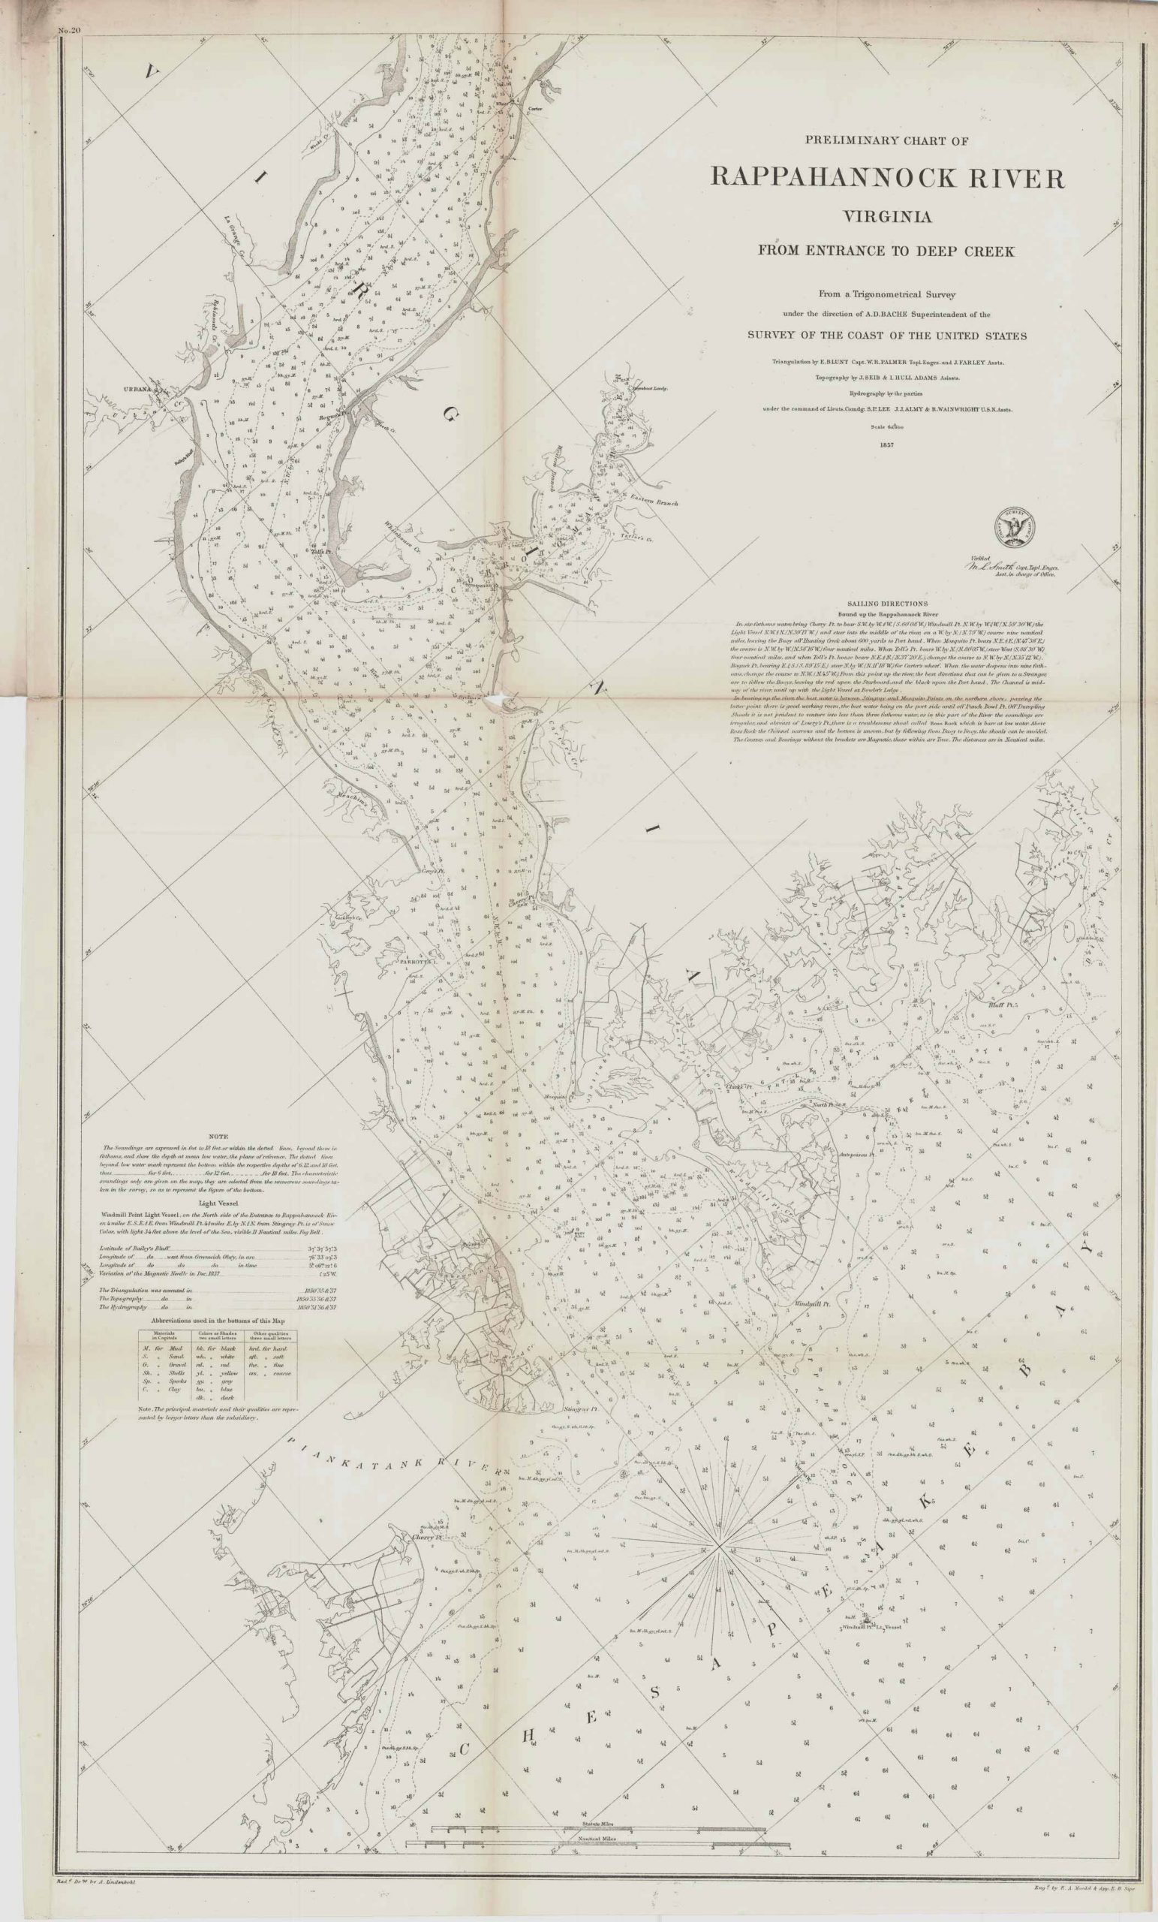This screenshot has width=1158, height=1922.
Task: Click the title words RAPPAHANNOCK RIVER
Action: pos(886,178)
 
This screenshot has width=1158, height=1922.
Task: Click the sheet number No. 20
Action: pos(69,31)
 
